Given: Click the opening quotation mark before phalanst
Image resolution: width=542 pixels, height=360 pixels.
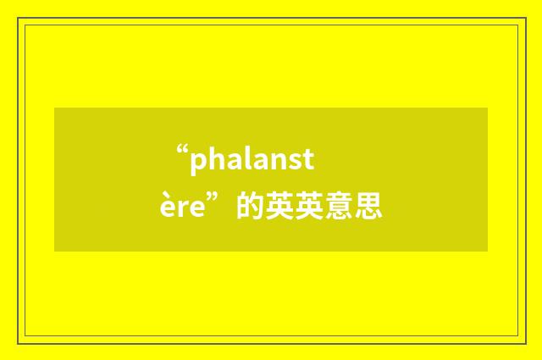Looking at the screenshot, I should pyautogui.click(x=181, y=152).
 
